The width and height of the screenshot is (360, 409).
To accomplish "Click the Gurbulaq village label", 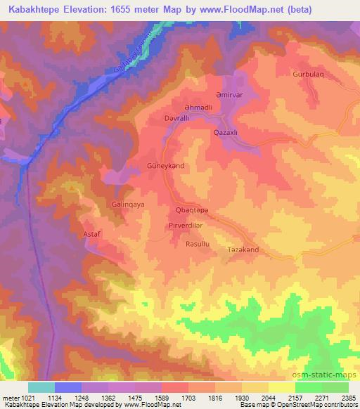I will [310, 74].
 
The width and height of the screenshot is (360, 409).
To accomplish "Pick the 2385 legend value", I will [347, 397].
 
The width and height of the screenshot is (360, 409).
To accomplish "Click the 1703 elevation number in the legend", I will [189, 397].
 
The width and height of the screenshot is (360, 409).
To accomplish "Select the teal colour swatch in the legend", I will [41, 387].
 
